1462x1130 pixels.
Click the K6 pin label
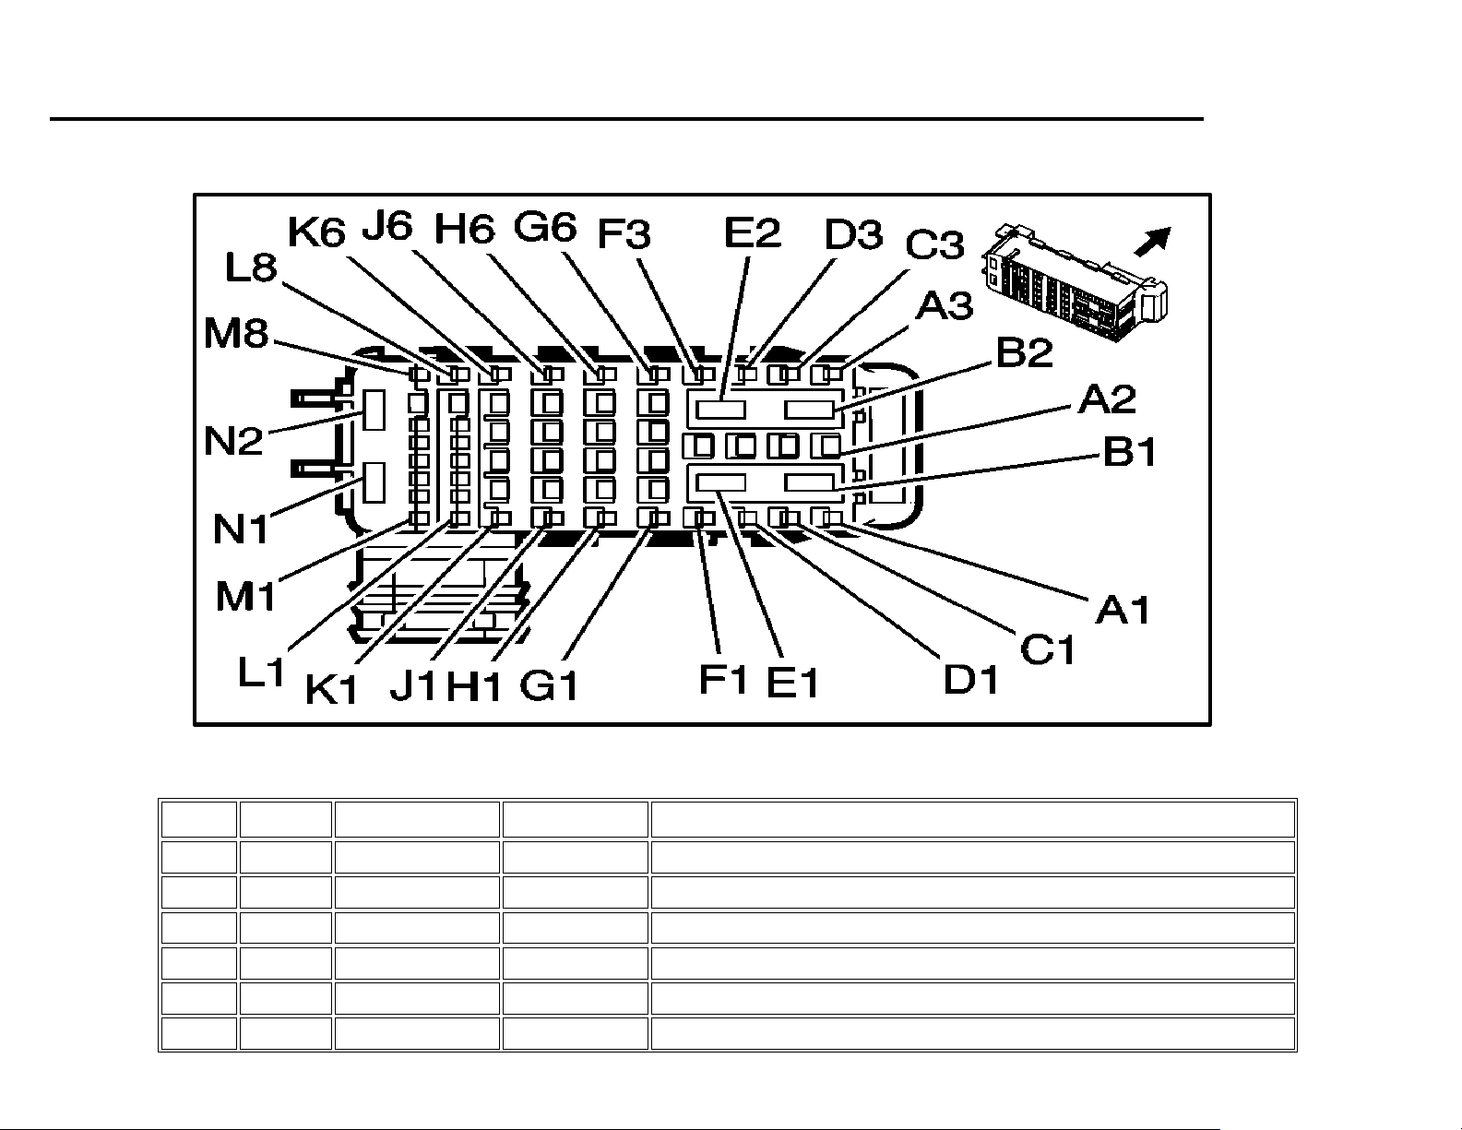coord(316,232)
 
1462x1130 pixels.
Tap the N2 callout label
coord(234,440)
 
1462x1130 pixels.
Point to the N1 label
coord(242,529)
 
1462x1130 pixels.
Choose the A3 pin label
coord(943,305)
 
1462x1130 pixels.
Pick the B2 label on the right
coord(1024,351)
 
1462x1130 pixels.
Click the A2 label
coord(1107,399)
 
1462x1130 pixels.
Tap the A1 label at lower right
coord(1123,609)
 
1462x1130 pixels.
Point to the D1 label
coord(971,680)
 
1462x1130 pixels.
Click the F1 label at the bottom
coord(723,679)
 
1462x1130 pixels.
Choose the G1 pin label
coord(550,685)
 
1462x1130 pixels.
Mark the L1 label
coord(262,672)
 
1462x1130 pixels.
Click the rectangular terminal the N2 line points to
coord(374,410)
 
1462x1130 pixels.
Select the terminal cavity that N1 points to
coord(374,482)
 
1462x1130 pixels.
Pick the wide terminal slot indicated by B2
coord(810,409)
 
